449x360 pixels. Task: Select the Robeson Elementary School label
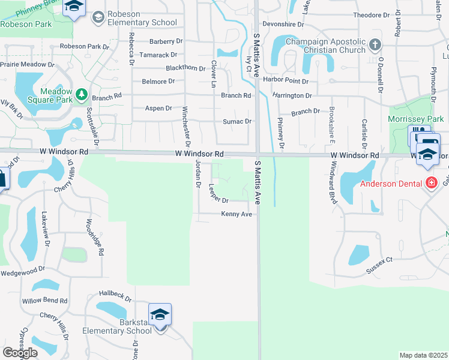click(142, 18)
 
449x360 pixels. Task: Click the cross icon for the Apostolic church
click(375, 44)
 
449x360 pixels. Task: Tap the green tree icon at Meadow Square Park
click(82, 95)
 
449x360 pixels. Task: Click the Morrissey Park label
click(415, 119)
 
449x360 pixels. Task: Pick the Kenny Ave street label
click(237, 214)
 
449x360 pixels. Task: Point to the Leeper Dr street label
click(218, 193)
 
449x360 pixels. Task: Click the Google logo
click(20, 352)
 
